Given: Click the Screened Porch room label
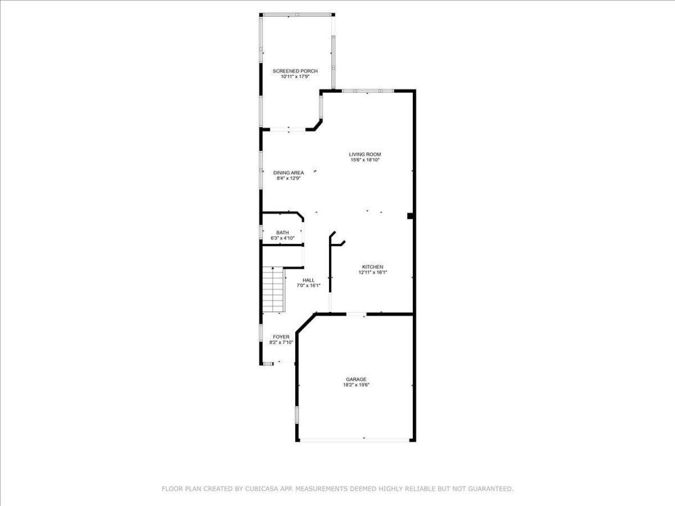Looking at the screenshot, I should pos(295,71).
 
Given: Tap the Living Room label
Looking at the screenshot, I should pos(365,154).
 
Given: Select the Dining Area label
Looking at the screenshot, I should pos(288,173).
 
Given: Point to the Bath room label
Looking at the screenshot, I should pos(283,233).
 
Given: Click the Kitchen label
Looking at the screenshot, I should pos(372,267).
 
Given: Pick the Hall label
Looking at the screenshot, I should pos(308,280).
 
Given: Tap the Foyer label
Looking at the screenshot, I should pos(281,337).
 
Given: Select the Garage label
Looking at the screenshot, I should pos(356,379).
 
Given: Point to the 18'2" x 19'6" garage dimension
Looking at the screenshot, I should pos(356,385).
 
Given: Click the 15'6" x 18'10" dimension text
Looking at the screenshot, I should pos(365,160).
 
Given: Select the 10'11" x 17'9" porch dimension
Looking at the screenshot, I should pos(295,77).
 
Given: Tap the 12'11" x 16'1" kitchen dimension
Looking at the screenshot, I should pos(372,273).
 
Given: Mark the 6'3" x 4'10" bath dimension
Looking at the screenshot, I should pos(282,238).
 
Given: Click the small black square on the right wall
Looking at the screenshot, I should pos(410,215).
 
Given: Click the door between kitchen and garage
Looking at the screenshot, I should pos(356,315).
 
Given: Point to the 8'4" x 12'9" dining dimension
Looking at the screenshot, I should pos(288,178).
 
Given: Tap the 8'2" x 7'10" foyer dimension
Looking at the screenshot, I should pos(281,343).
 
